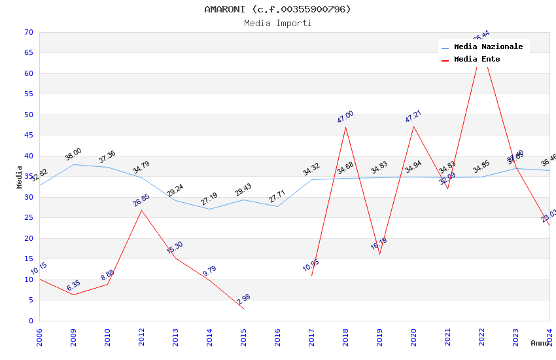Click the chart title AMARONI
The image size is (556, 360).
tap(277, 9)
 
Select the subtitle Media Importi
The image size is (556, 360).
tap(277, 24)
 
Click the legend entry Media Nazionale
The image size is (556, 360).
tap(488, 47)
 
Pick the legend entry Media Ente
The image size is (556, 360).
tap(477, 60)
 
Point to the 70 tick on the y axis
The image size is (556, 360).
tap(28, 32)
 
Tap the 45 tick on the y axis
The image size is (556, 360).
tap(28, 135)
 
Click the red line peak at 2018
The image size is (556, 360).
tap(345, 126)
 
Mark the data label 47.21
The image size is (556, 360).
tap(413, 117)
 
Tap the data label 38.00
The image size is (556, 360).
tap(73, 154)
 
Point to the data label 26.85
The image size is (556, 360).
tap(141, 200)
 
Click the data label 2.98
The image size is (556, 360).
tap(243, 299)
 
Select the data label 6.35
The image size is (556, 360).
tap(73, 285)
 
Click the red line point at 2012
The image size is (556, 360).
tap(141, 210)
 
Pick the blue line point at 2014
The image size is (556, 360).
tap(209, 209)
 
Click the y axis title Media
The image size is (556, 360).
tap(20, 177)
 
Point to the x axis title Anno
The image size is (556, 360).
tap(540, 343)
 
